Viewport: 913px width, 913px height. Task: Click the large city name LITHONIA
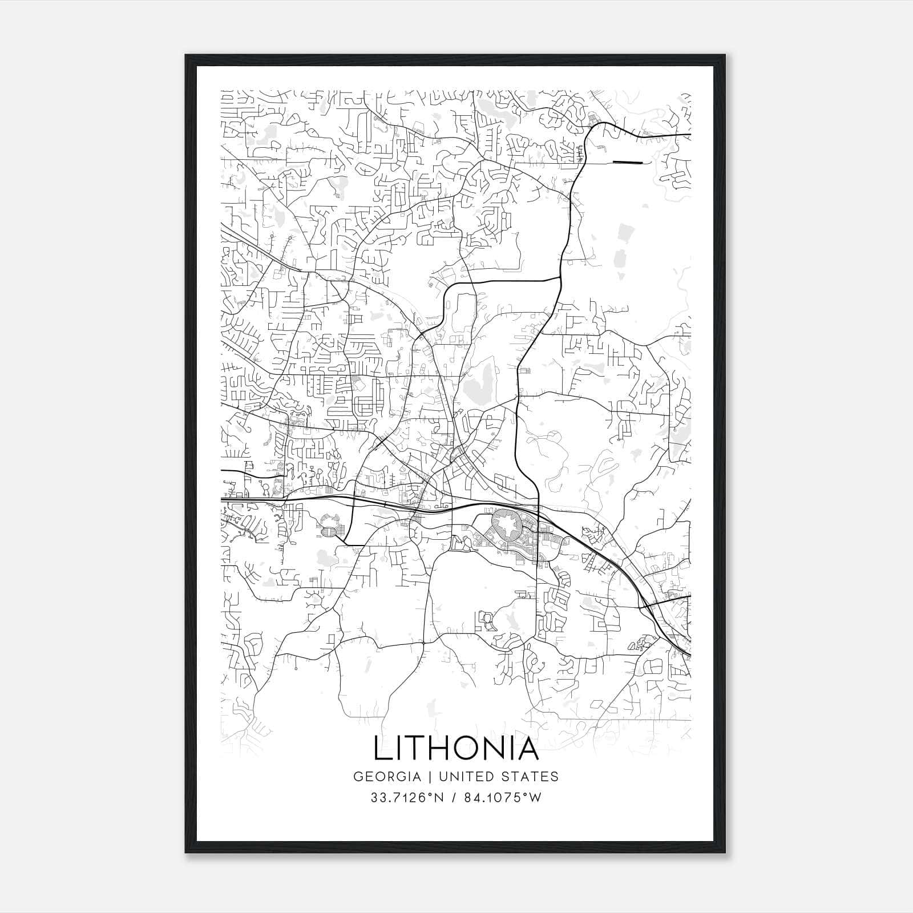456,748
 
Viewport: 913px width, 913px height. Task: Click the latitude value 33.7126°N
407,798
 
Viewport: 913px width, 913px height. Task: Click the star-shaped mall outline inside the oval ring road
504,524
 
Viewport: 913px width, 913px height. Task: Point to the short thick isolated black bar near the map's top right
627,163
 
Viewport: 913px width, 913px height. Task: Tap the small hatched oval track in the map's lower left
329,532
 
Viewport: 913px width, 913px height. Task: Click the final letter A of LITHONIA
528,748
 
